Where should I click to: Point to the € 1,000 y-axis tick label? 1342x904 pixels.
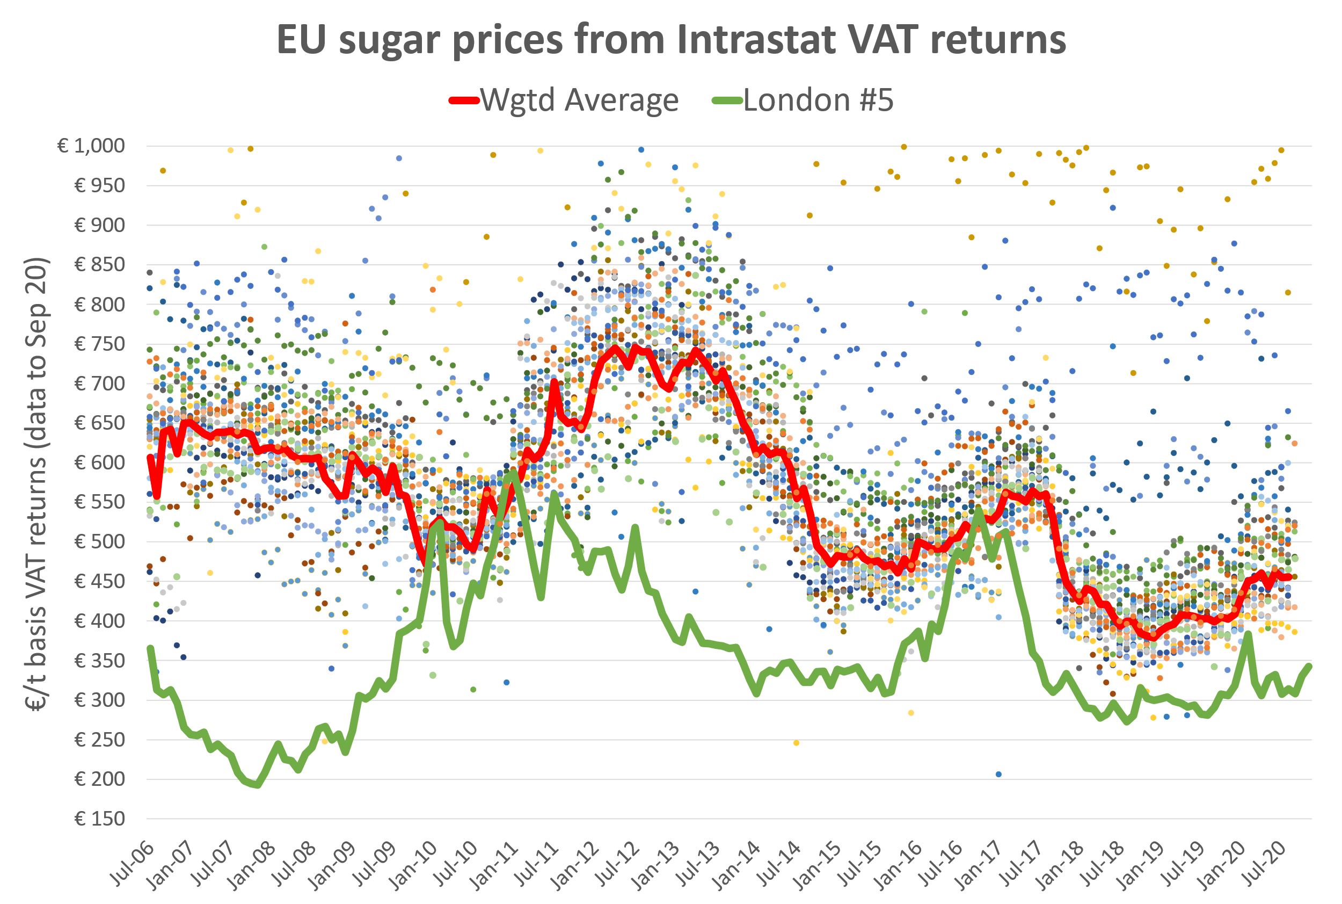click(x=91, y=146)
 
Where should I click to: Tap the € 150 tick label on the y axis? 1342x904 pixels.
click(x=99, y=819)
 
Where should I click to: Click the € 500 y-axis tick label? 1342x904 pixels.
click(x=99, y=542)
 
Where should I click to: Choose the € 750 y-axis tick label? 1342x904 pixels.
click(x=99, y=344)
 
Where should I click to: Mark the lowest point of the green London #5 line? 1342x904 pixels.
click(x=257, y=785)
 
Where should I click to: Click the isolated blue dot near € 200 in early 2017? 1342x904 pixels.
click(x=998, y=774)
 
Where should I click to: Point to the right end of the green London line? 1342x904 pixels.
click(x=1310, y=667)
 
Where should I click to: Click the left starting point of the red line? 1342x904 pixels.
click(x=150, y=457)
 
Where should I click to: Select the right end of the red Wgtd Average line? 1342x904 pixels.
click(x=1289, y=576)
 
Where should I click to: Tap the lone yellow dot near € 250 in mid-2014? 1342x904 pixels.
click(x=796, y=742)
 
